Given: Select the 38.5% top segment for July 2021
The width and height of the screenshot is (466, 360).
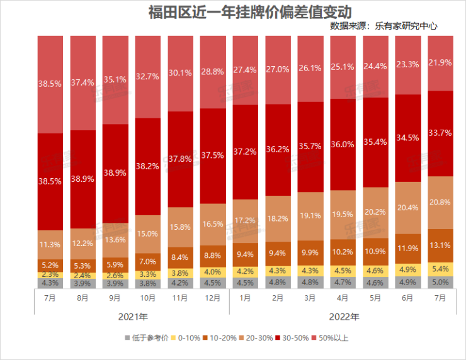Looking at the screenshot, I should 50,84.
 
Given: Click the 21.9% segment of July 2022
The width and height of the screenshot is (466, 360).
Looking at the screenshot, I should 440,63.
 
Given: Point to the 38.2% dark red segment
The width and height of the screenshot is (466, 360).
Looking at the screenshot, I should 147,166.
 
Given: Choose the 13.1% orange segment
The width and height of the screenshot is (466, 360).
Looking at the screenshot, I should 440,245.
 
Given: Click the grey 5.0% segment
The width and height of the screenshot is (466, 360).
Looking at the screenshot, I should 440,282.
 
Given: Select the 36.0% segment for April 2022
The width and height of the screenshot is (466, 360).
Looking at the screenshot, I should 342,144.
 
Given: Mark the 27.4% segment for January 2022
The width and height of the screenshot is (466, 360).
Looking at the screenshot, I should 245,69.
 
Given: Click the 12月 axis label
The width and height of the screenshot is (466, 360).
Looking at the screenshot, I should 212,298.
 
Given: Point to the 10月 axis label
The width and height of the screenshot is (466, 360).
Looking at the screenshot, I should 147,298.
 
